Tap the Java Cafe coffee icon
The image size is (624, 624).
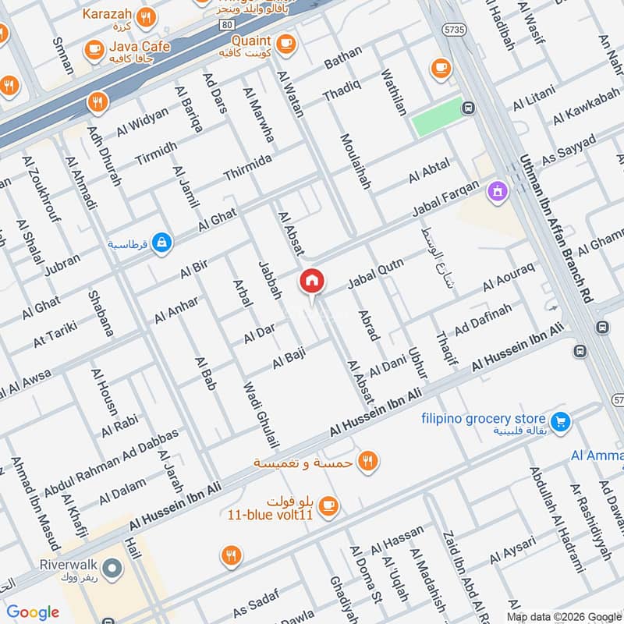coord(95,49)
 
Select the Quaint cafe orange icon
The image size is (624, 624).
coord(285,41)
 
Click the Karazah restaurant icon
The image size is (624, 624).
coord(145,16)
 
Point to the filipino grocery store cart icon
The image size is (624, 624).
coord(558,422)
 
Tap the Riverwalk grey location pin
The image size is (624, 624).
coord(112,569)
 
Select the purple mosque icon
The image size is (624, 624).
coord(497,190)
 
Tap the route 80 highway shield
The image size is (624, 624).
coord(226,25)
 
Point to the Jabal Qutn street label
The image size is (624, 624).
coord(375,274)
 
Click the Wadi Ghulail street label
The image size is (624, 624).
coord(261,414)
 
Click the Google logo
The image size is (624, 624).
coord(32,612)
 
